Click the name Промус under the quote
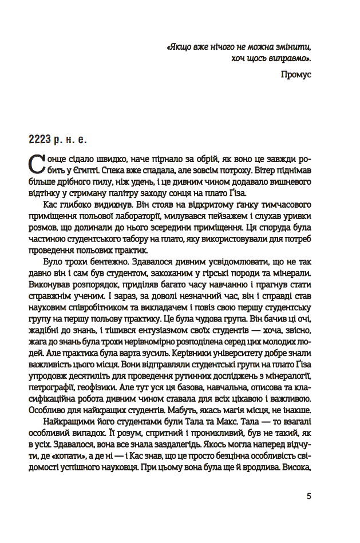point(296,76)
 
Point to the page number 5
point(308,496)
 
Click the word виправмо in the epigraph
point(282,59)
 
